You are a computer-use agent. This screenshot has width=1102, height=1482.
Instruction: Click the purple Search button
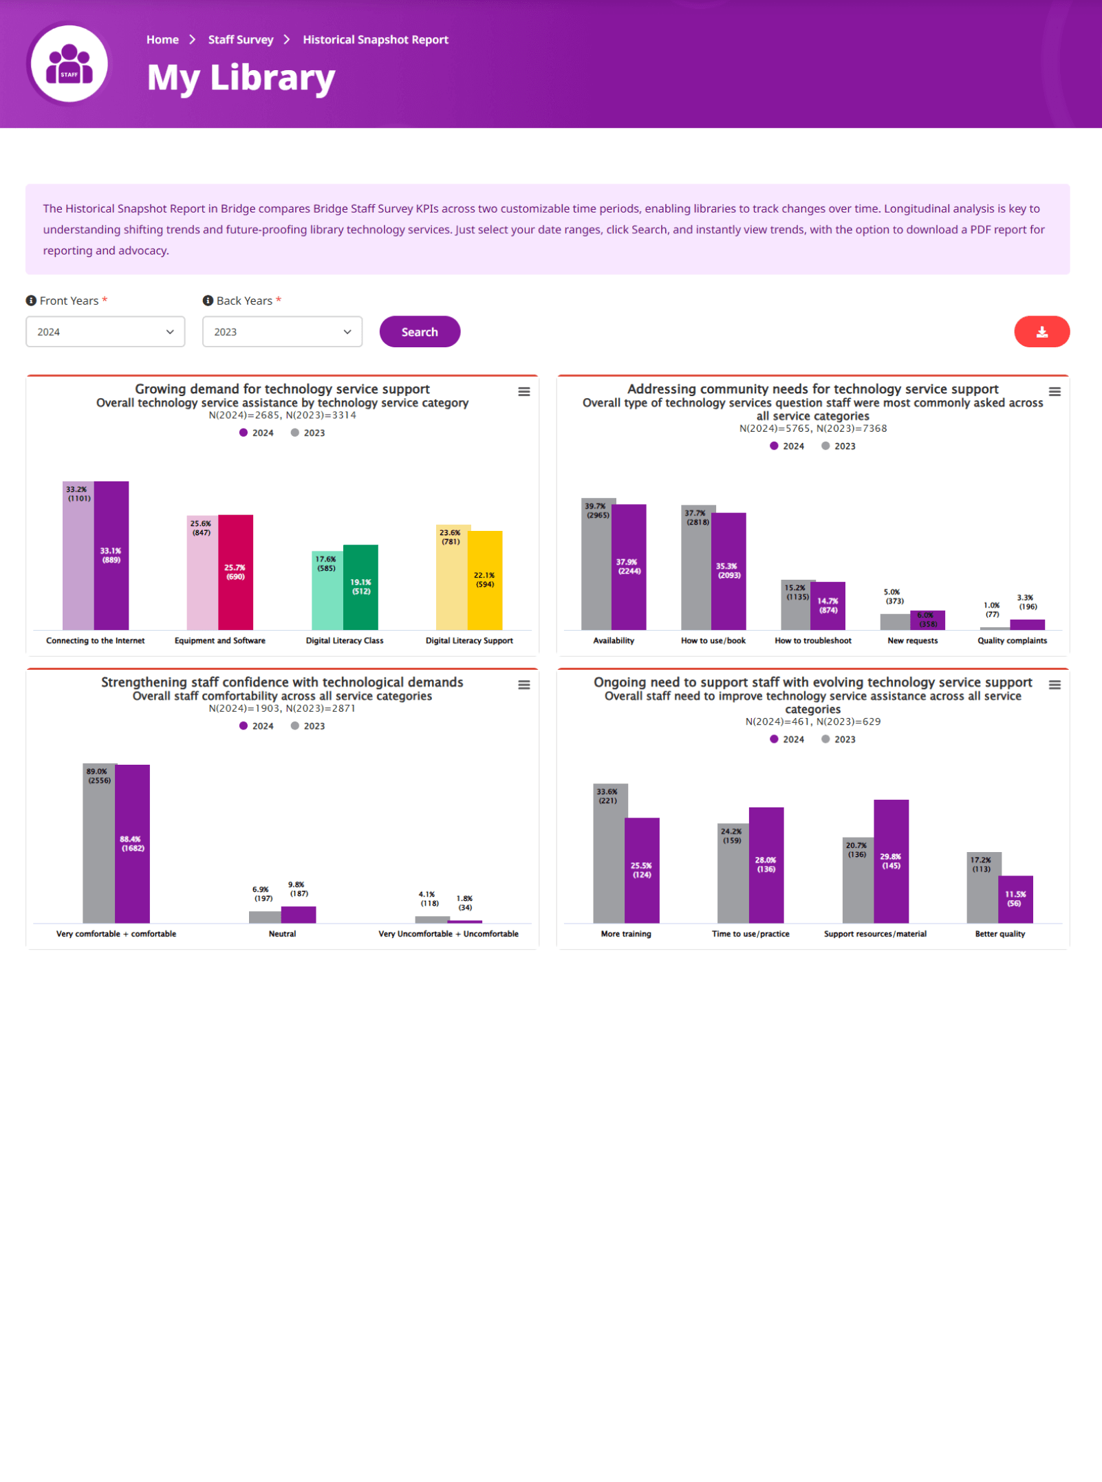click(420, 331)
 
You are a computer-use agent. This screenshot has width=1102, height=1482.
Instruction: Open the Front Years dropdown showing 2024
click(105, 331)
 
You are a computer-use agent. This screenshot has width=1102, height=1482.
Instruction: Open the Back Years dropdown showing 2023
click(282, 331)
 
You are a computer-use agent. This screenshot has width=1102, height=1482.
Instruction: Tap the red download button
click(1041, 331)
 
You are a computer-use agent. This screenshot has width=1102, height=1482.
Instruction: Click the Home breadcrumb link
click(162, 40)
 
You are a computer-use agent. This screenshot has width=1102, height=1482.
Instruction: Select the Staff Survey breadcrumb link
click(241, 40)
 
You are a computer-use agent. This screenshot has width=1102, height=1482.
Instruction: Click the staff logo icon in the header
click(69, 64)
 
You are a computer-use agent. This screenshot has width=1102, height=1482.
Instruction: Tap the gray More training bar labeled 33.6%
click(609, 860)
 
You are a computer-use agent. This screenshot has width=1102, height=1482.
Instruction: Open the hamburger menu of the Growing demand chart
click(524, 391)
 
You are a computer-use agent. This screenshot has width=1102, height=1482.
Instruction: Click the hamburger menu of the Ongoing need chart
click(1055, 685)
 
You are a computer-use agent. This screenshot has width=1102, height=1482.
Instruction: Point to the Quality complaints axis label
click(1012, 640)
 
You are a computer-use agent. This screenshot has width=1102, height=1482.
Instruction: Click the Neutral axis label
click(282, 934)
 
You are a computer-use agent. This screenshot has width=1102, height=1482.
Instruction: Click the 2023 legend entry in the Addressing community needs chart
click(839, 446)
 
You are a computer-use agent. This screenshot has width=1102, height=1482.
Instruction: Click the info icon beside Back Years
click(208, 301)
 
